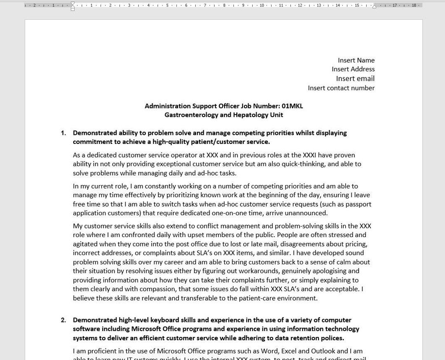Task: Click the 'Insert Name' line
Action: [356, 60]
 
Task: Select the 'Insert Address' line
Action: [353, 69]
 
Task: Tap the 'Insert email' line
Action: [355, 78]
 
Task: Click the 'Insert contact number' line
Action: [341, 88]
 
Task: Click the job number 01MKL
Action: [292, 106]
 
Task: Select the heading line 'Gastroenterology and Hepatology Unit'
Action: [224, 115]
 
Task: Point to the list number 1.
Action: [63, 133]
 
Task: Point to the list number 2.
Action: [63, 320]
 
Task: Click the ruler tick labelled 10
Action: [262, 5]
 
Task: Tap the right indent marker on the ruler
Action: [374, 6]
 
